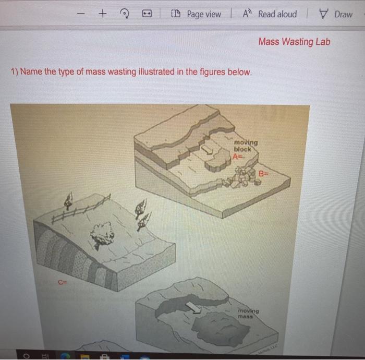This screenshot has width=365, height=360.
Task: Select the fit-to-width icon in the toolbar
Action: coord(147,15)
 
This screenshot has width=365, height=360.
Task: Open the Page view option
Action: coord(198,15)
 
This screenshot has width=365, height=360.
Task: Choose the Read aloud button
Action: coord(272,15)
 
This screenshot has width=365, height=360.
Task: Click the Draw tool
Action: coord(337,15)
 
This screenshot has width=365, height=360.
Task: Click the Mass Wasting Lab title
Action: coord(294,42)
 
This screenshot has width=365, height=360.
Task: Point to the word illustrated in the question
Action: coord(154,72)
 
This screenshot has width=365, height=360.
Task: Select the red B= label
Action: coord(264,173)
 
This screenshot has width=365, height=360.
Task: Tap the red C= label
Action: coord(63,282)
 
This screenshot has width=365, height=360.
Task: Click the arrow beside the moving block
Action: coord(207,150)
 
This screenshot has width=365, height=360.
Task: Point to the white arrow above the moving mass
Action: coord(195,309)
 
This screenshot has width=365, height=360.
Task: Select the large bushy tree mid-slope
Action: coord(102,233)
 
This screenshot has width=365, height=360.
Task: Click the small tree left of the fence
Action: coord(67,200)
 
